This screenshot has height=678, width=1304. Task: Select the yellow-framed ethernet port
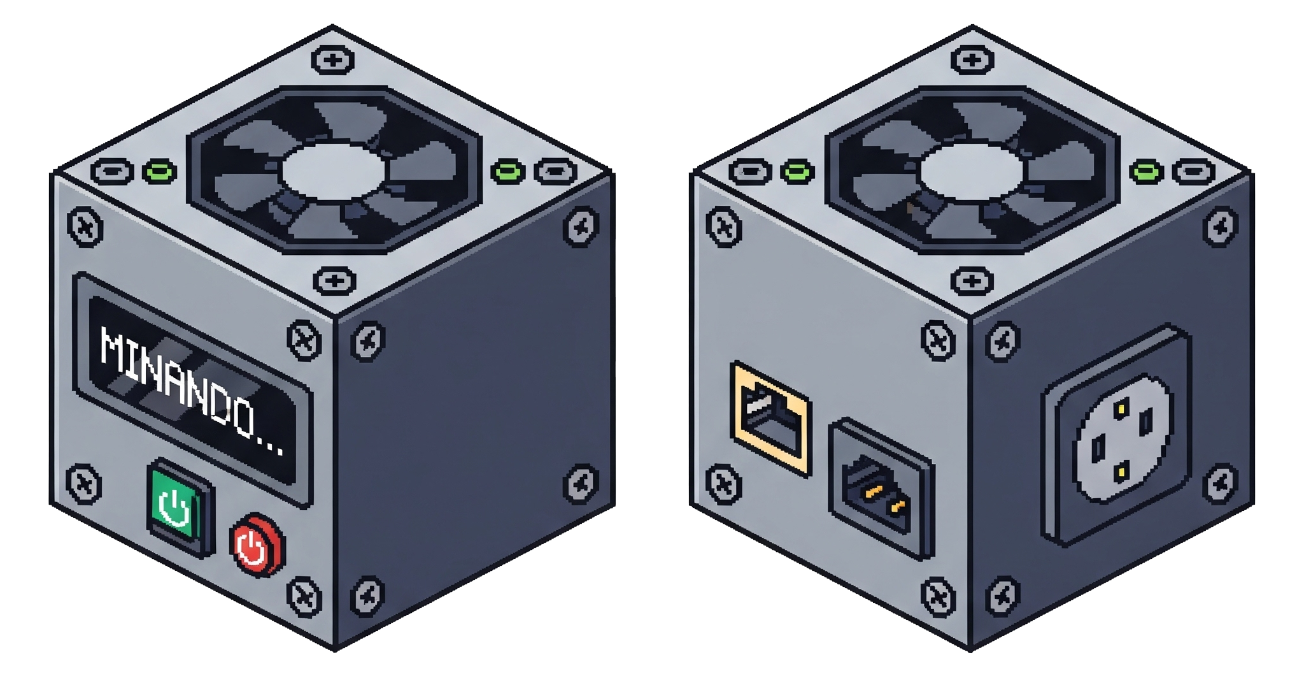(772, 418)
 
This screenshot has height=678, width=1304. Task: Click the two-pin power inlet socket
(881, 489)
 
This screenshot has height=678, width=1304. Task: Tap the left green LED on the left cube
(159, 171)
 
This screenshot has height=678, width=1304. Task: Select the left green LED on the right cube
(798, 171)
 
